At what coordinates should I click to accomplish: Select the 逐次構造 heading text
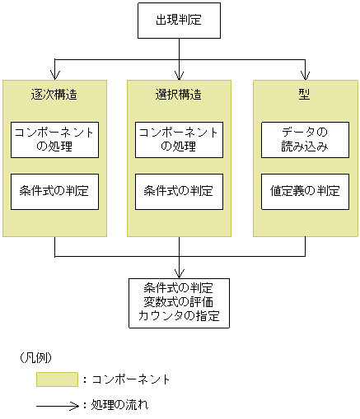point(54,95)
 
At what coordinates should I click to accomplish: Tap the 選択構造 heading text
point(179,95)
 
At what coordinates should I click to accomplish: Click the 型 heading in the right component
point(304,94)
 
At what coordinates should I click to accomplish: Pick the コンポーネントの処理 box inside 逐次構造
point(54,140)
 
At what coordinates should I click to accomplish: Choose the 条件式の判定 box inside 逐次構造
point(54,191)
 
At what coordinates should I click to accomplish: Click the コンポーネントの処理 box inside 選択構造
point(179,140)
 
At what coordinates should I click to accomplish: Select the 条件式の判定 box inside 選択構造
point(179,191)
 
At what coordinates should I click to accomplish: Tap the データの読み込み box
point(304,140)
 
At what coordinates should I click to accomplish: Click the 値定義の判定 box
point(304,191)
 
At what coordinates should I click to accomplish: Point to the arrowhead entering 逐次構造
point(54,75)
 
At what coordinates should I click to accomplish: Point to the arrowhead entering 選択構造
point(179,75)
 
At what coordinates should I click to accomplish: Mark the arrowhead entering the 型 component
point(304,75)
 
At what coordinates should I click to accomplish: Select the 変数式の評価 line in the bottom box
point(179,302)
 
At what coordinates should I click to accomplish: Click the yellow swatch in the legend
point(56,379)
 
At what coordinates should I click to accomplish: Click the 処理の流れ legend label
point(119,405)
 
